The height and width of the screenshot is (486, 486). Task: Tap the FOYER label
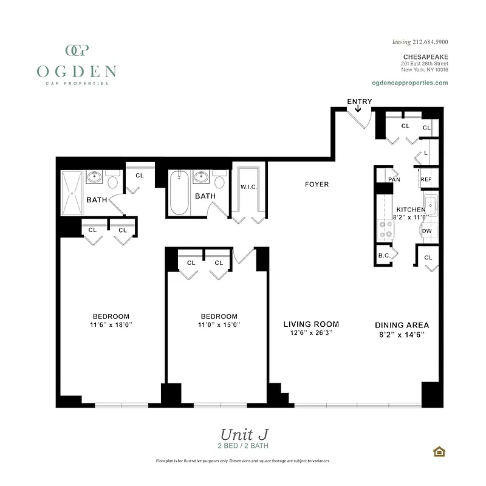317,184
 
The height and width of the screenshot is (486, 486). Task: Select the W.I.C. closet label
249,187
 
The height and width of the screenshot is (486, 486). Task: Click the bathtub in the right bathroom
179,193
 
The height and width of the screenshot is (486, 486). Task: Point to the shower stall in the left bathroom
72,193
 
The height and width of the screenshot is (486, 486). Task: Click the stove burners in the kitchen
385,229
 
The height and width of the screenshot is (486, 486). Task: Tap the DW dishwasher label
427,231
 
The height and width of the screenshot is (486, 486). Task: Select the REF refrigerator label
426,179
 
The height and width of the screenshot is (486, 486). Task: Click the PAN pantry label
394,179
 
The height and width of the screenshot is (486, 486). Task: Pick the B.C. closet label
384,256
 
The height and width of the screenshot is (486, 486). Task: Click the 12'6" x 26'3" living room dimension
311,333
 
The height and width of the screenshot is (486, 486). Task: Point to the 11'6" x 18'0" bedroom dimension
111,325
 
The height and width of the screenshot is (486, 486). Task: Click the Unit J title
244,434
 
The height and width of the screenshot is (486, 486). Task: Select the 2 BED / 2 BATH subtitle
244,446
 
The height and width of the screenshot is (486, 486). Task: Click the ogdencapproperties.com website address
409,83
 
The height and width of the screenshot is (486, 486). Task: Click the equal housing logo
438,451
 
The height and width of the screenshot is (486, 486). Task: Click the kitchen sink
431,204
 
